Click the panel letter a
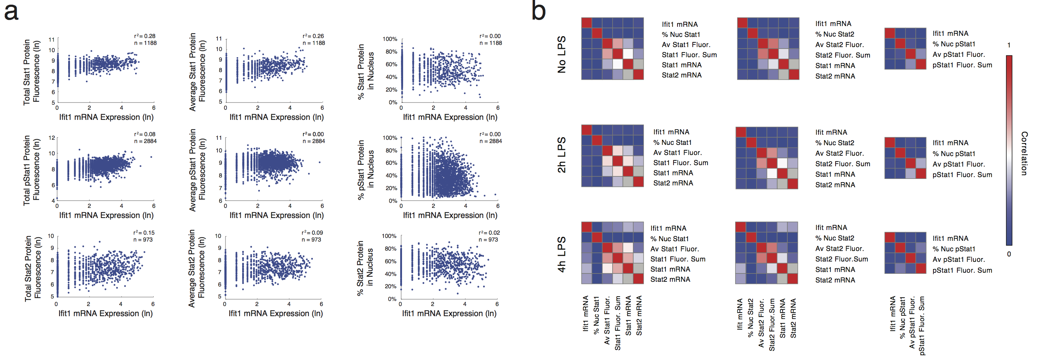coord(11,12)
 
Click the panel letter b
coord(539,11)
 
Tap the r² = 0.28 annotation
coord(145,36)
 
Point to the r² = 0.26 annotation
coord(313,36)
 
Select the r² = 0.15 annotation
coord(144,233)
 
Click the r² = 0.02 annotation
coord(489,233)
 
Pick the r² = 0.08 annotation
coord(145,134)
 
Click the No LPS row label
coord(562,54)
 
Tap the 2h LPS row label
coord(562,155)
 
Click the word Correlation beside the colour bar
coord(1024,153)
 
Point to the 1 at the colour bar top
coord(1009,45)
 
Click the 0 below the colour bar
coord(1009,254)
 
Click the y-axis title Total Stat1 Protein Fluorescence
coord(32,72)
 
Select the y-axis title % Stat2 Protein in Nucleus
coord(365,268)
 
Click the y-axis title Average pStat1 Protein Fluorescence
coord(198,170)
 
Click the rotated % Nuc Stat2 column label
coord(750,318)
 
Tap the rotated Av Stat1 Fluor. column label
coord(607,321)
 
